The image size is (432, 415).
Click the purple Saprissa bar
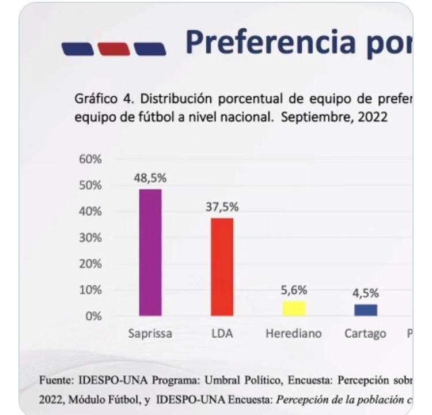click(150, 252)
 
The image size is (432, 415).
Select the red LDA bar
click(222, 267)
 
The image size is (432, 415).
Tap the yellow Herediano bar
click(294, 308)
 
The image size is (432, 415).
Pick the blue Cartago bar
click(366, 310)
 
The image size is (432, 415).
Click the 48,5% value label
click(150, 179)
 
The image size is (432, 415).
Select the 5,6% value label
click(294, 290)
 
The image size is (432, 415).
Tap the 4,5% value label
click(366, 293)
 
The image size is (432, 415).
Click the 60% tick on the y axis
click(90, 159)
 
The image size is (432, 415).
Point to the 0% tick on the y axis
click(93, 316)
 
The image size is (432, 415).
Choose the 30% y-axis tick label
click(90, 237)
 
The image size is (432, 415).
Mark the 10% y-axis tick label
click(90, 290)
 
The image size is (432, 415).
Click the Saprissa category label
click(150, 334)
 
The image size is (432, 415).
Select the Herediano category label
click(294, 334)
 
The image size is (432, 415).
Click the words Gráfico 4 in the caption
click(98, 99)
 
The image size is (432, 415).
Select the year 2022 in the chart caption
click(372, 117)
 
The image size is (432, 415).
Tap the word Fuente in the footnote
click(54, 380)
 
